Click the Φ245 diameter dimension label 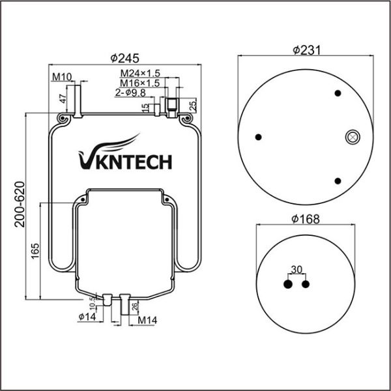[x=124, y=59]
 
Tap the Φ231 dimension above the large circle [x=306, y=50]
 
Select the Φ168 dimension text [x=306, y=219]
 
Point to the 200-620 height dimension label [x=20, y=204]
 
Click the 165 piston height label [x=35, y=251]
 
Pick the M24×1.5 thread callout [x=140, y=73]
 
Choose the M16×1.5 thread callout [x=140, y=83]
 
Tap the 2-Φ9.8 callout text [x=130, y=93]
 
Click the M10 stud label [x=62, y=78]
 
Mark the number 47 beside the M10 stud [x=64, y=99]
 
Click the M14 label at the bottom [x=148, y=320]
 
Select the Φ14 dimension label [x=87, y=317]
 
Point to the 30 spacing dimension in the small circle [x=297, y=270]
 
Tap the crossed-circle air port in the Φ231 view [x=353, y=137]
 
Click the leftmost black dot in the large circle [x=258, y=137]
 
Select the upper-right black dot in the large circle [x=338, y=93]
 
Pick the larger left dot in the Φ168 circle [x=288, y=284]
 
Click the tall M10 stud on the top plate [x=78, y=101]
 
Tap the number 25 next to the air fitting [x=194, y=105]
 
